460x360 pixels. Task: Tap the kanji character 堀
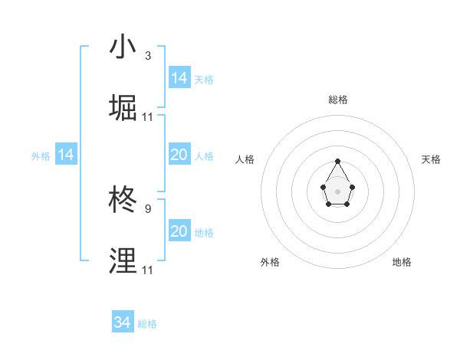tap(123, 109)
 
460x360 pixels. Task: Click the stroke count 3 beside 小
tap(148, 56)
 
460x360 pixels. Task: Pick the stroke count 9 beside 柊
tap(148, 208)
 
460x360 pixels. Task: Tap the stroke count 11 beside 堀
tap(148, 117)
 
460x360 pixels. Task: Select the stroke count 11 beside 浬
tap(148, 270)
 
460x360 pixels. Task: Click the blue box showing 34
tap(123, 322)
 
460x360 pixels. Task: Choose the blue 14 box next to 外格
tap(66, 155)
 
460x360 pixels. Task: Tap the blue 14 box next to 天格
tap(179, 78)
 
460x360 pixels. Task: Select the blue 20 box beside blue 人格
tap(179, 155)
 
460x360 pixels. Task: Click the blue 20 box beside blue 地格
tap(179, 231)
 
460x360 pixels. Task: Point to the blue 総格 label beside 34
tap(148, 324)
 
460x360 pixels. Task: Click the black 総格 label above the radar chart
tap(338, 100)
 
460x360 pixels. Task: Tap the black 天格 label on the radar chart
tap(432, 159)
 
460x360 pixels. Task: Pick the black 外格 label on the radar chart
tap(270, 262)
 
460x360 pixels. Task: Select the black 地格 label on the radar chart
tap(402, 262)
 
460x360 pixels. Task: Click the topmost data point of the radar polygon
tap(338, 161)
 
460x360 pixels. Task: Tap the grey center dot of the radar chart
tap(338, 191)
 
